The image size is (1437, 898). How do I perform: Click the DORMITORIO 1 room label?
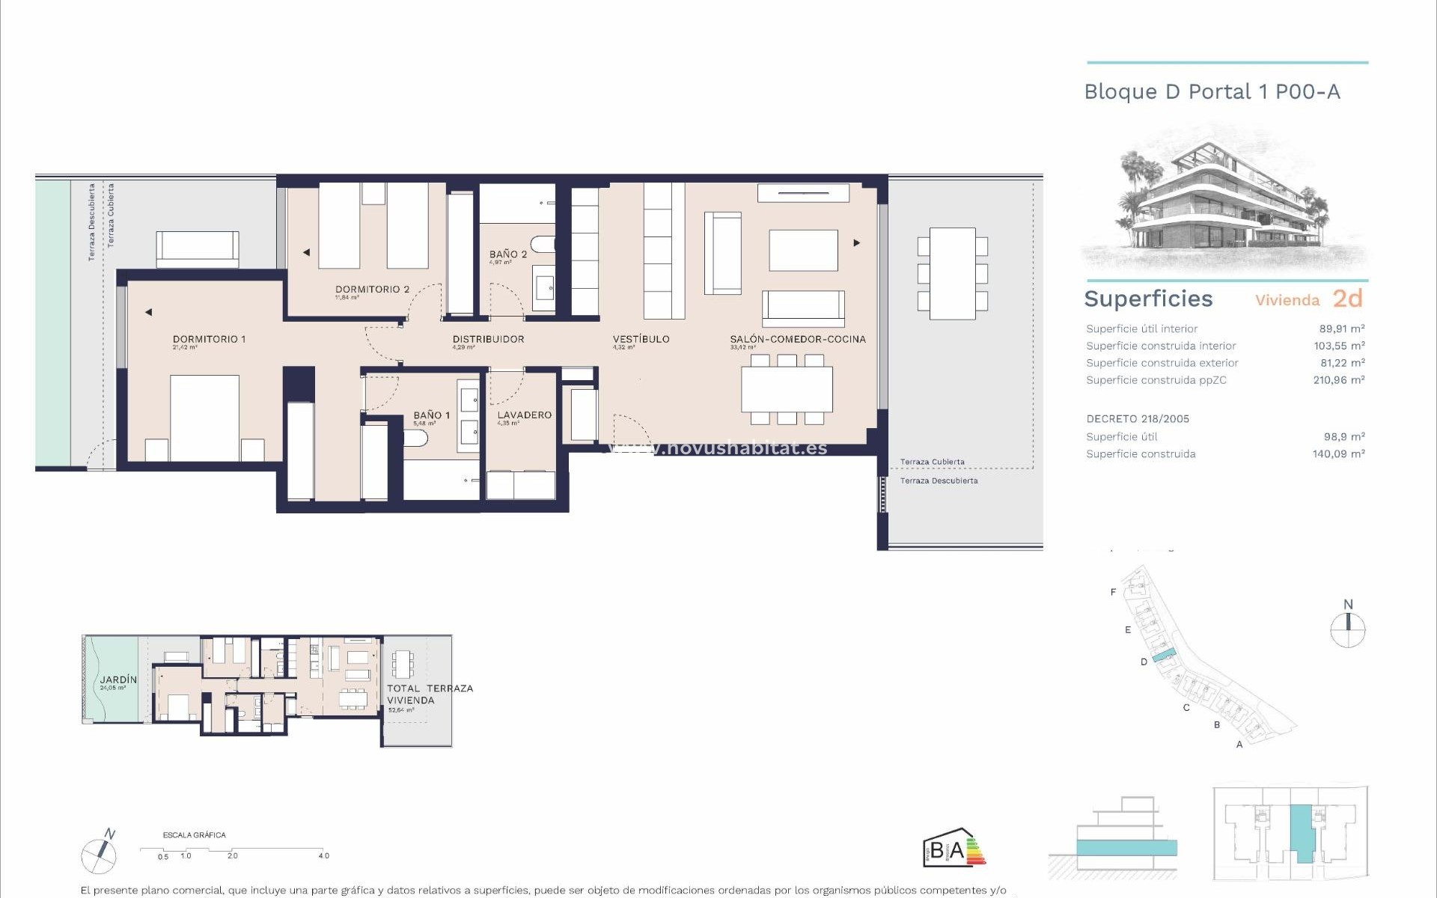[209, 339]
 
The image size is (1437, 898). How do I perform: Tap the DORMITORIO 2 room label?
[372, 290]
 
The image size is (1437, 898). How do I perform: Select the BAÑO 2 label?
[508, 254]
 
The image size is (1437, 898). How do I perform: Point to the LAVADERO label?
[524, 415]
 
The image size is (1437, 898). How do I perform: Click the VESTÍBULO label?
[641, 339]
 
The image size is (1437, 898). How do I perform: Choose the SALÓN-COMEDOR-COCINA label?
[798, 339]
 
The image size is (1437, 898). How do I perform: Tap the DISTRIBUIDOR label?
[488, 339]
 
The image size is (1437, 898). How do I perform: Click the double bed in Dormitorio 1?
[204, 417]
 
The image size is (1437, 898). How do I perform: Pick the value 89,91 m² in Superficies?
[1341, 329]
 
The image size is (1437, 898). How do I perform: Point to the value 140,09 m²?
[1338, 454]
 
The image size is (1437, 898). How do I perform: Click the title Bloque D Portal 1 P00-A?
[1212, 92]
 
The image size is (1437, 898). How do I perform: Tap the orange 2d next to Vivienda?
[1347, 299]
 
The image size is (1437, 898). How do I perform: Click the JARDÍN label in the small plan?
[118, 679]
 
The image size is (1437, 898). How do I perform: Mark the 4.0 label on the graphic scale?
[323, 856]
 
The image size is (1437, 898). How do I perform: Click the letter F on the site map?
[1113, 592]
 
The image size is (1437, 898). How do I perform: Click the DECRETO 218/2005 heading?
[1137, 419]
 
